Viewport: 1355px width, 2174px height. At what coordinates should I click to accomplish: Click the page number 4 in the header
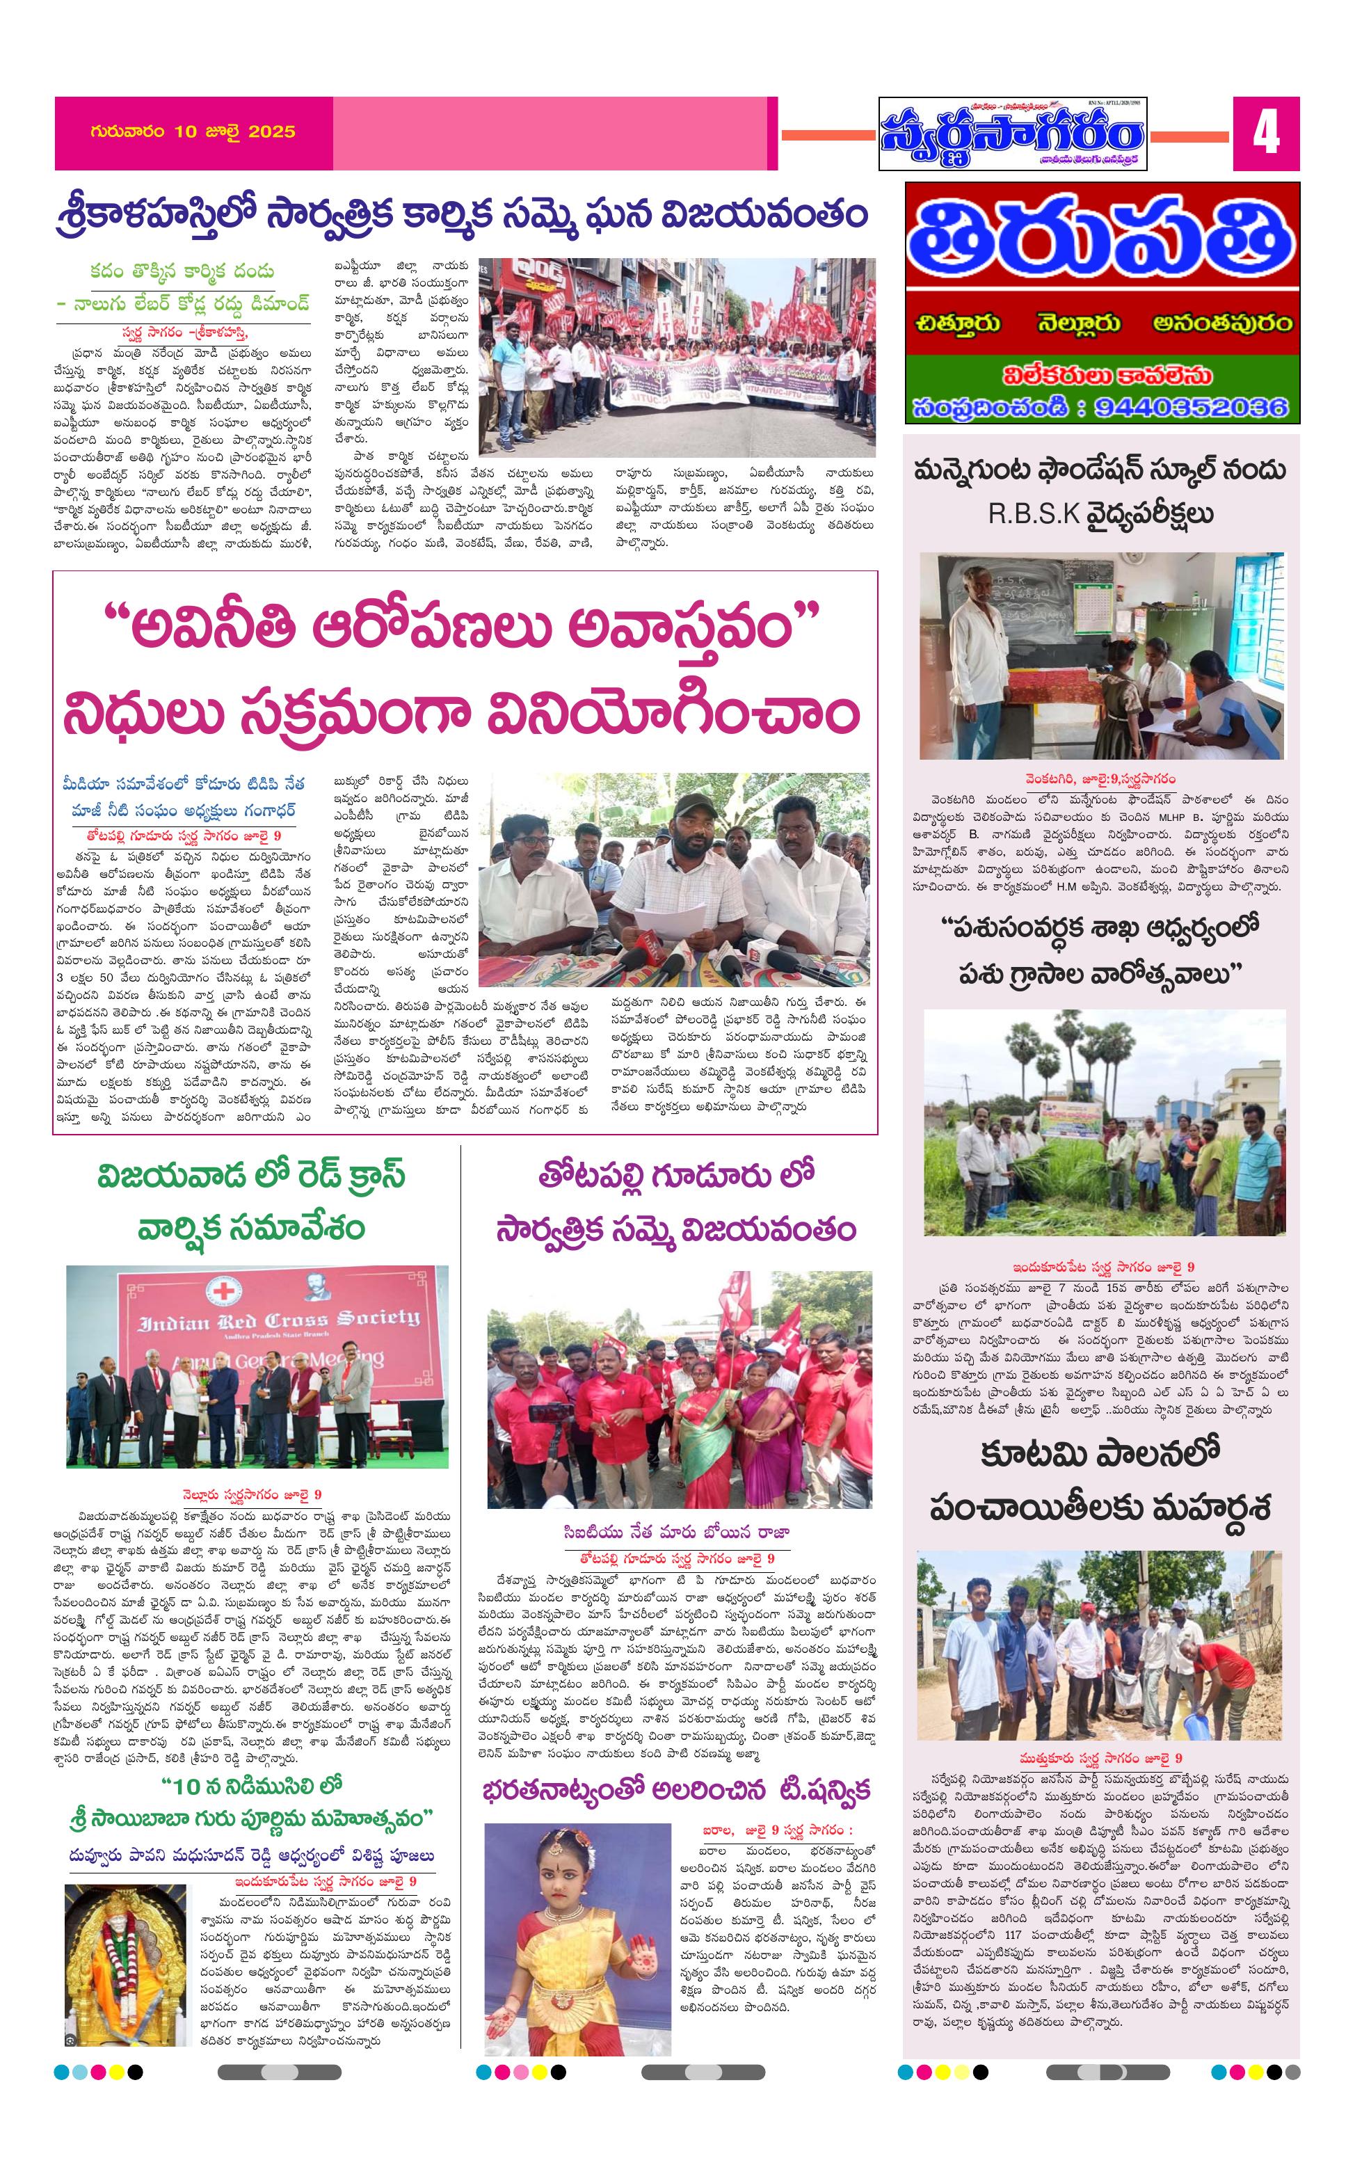tap(1265, 134)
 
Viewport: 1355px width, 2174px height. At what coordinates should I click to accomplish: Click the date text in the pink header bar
tap(193, 131)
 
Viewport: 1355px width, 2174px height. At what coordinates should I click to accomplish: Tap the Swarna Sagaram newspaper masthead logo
tap(1012, 134)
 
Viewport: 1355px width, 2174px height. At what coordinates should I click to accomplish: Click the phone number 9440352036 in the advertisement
tap(1190, 407)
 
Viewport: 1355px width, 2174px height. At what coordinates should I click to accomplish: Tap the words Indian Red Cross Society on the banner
tap(278, 1320)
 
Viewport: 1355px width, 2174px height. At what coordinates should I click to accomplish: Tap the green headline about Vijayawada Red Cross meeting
tap(252, 1200)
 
